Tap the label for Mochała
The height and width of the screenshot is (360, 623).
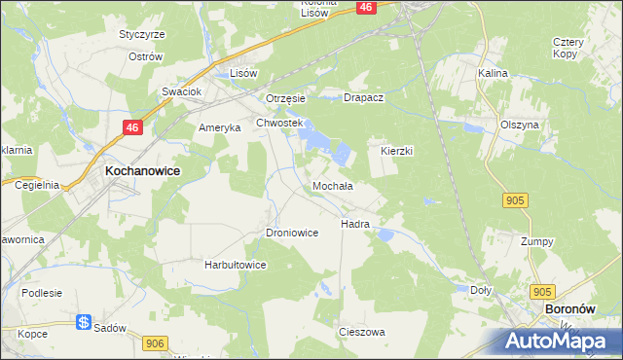coord(332,185)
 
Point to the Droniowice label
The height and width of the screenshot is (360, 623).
coord(292,233)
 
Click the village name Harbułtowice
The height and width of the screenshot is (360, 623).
coord(235,264)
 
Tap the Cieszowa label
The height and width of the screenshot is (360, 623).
coord(361,332)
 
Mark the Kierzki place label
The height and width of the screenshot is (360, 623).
coord(397,152)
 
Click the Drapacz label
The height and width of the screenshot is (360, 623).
coord(366,98)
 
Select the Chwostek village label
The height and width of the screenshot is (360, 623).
coord(280,123)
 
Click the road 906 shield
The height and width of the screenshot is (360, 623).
coord(154,342)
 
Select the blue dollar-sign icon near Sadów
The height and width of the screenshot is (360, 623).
coord(85,323)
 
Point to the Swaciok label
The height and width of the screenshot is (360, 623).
coord(181,91)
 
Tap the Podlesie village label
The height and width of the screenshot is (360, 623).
coord(43,293)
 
